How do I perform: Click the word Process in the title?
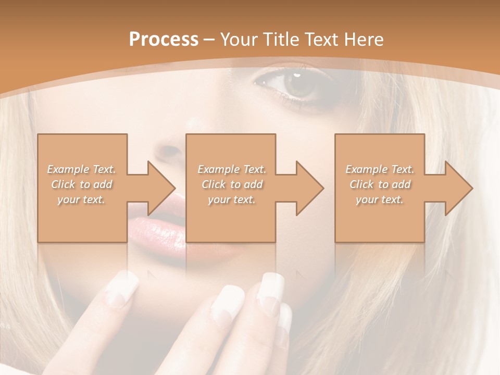pos(164,39)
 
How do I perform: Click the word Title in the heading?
pos(280,39)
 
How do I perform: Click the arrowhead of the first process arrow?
pos(161,188)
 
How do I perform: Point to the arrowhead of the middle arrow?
pos(310,188)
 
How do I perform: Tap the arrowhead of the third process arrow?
pos(459,188)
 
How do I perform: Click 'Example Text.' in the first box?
pos(82,169)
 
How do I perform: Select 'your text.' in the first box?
pos(82,199)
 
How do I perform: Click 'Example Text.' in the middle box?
pos(232,169)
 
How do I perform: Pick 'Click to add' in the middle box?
pos(232,184)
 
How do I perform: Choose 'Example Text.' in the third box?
pos(380,169)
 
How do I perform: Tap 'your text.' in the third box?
pos(380,199)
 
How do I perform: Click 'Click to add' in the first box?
pos(82,184)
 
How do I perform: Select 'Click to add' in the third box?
pos(380,184)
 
